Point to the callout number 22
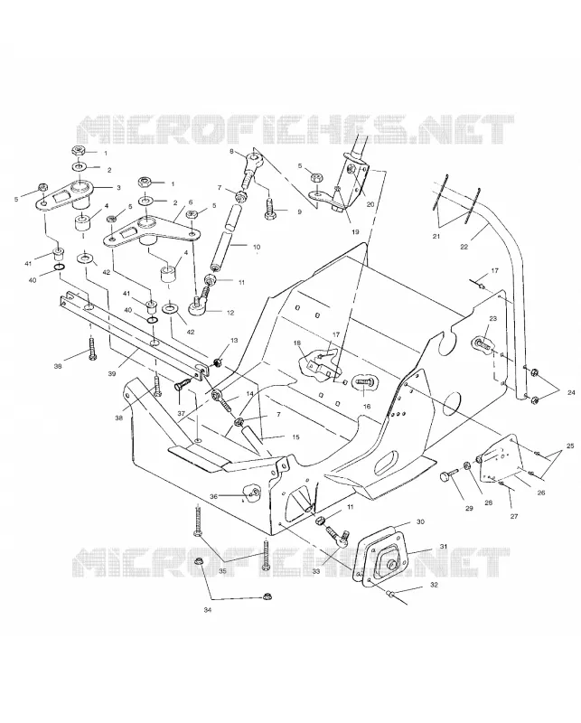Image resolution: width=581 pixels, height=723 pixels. pos(464,247)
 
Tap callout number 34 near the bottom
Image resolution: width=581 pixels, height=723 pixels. pos(208,610)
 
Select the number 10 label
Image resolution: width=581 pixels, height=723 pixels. pos(257,247)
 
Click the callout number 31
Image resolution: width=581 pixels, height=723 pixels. pos(444,547)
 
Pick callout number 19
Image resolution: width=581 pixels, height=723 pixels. pos(354,232)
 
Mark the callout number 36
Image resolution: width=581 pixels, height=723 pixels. pos(213,496)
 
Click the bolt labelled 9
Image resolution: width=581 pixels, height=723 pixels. pos(269,210)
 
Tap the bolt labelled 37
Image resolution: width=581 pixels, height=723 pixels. pos(183,386)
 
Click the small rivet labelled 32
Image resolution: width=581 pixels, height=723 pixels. pos(389,593)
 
